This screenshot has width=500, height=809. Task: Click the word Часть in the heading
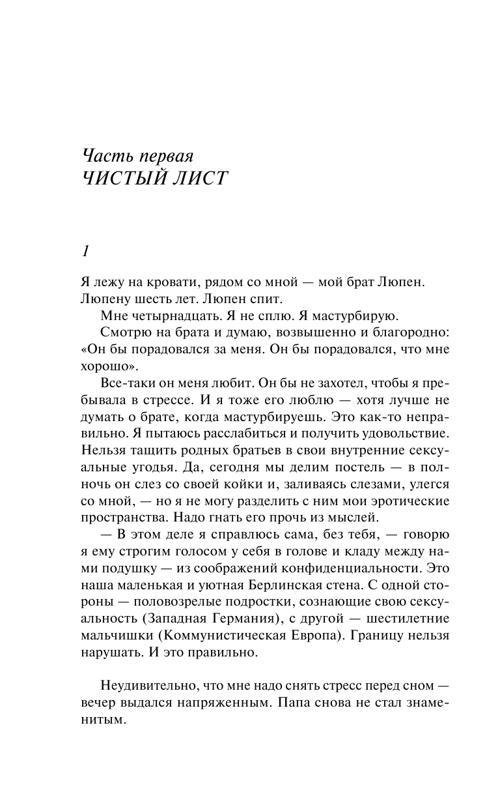107,156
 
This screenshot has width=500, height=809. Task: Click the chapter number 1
85,251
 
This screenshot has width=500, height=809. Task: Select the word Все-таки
127,383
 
